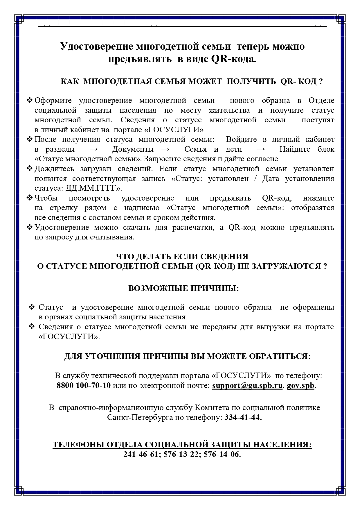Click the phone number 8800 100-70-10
click(84, 386)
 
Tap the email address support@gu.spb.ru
click(247, 386)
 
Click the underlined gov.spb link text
click(300, 386)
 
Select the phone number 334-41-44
click(243, 418)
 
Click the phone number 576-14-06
click(222, 454)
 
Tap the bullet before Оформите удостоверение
click(30, 100)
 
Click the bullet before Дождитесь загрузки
click(30, 169)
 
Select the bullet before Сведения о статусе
click(32, 327)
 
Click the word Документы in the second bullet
click(133, 149)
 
